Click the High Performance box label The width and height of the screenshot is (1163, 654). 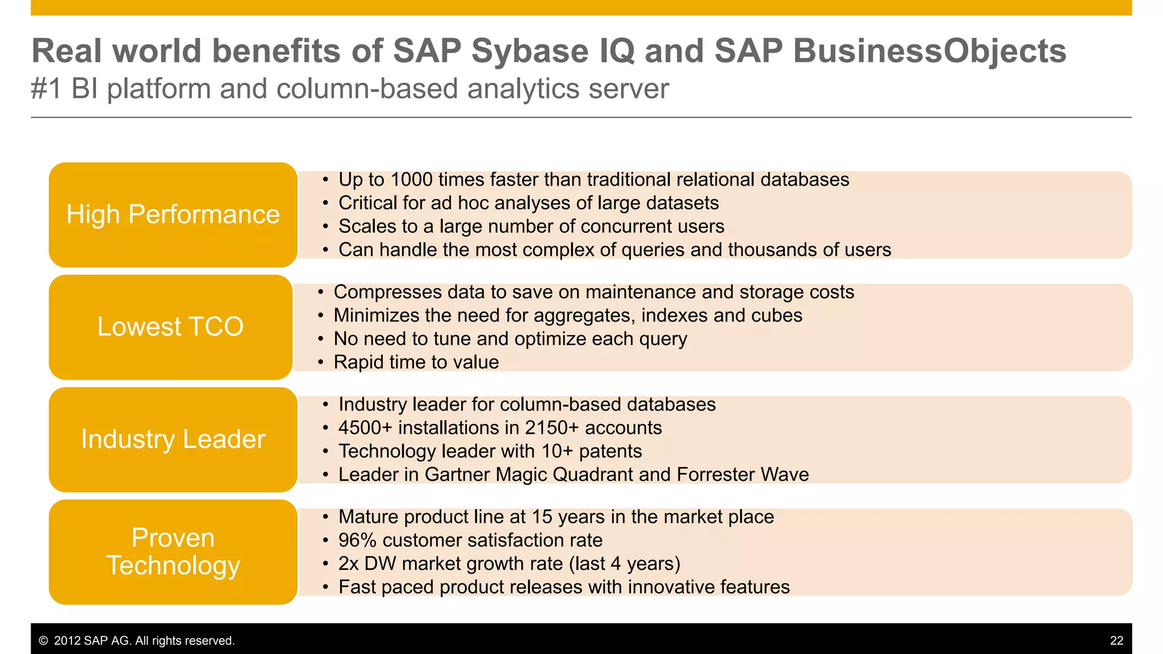(x=173, y=215)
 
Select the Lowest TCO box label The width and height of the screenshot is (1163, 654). (x=170, y=327)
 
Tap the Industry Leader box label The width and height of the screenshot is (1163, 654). (x=173, y=439)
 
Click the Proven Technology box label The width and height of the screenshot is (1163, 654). (x=173, y=551)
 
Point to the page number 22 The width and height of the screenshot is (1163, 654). (x=1116, y=640)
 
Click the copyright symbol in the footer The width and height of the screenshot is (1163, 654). (x=43, y=641)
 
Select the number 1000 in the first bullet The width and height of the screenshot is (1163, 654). (x=411, y=180)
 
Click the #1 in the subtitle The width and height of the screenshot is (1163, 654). (x=46, y=89)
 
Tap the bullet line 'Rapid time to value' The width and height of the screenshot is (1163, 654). (x=416, y=362)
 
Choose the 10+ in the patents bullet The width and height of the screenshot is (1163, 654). (x=557, y=451)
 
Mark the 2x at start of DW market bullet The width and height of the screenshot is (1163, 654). (x=349, y=564)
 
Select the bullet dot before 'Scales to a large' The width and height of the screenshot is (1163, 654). (x=325, y=227)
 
